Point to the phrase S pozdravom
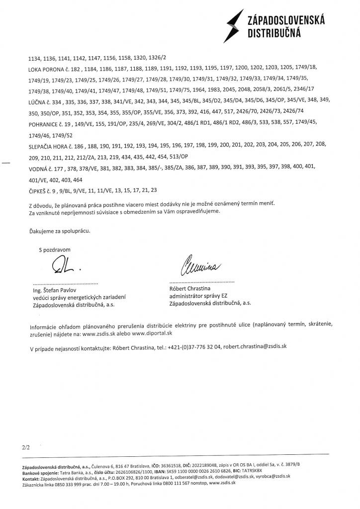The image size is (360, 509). pyautogui.click(x=55, y=250)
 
